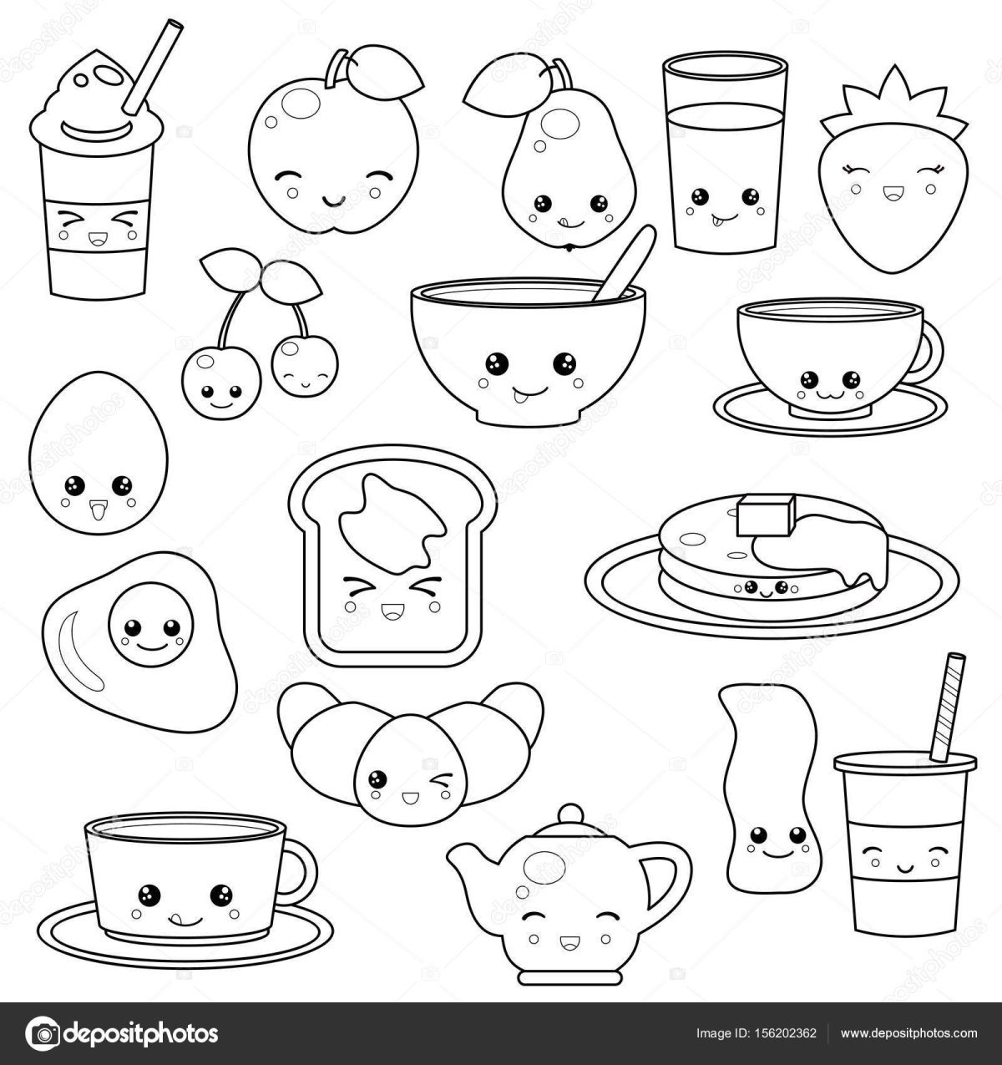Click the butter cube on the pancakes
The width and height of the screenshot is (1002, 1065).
[766, 515]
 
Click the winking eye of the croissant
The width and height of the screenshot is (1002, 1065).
[443, 779]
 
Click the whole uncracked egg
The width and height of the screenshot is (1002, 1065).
[98, 453]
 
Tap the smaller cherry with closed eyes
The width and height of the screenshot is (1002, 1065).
[305, 366]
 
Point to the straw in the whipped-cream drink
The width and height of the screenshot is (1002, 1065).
[153, 67]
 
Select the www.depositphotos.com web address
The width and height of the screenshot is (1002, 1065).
[908, 1032]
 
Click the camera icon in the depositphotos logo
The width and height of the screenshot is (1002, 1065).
[43, 1032]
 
